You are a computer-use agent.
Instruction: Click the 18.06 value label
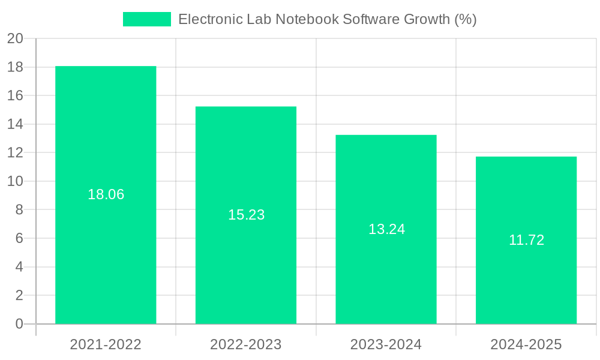pyautogui.click(x=106, y=194)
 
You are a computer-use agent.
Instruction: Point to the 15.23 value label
pyautogui.click(x=246, y=215)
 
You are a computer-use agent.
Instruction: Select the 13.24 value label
pyautogui.click(x=386, y=229)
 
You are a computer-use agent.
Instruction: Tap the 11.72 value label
pyautogui.click(x=526, y=240)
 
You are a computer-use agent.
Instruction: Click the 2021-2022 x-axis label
pyautogui.click(x=106, y=344)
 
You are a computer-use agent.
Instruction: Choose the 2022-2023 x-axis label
pyautogui.click(x=246, y=344)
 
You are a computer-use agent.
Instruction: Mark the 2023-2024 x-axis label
pyautogui.click(x=386, y=344)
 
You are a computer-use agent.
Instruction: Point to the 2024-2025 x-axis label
pyautogui.click(x=526, y=344)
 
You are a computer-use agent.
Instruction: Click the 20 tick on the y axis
pyautogui.click(x=15, y=39)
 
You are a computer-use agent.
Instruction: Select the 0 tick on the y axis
pyautogui.click(x=19, y=324)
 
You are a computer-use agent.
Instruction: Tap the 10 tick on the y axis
pyautogui.click(x=15, y=181)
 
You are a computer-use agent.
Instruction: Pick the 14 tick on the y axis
pyautogui.click(x=15, y=124)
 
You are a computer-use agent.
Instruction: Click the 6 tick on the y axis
pyautogui.click(x=19, y=238)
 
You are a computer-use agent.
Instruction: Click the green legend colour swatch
pyautogui.click(x=147, y=19)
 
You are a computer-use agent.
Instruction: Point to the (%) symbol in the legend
pyautogui.click(x=465, y=19)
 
